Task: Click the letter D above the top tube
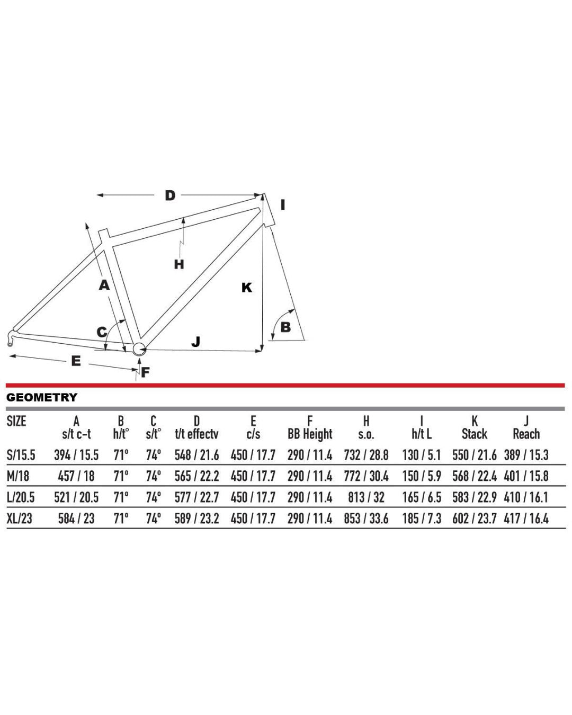(170, 195)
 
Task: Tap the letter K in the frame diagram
(247, 288)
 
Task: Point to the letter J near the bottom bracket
(196, 342)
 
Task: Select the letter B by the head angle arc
(286, 327)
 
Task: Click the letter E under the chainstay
(76, 361)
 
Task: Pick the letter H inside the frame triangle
(179, 264)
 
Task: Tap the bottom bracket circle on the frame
(139, 349)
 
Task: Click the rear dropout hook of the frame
(12, 338)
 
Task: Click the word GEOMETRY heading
(42, 397)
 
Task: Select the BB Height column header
(310, 434)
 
